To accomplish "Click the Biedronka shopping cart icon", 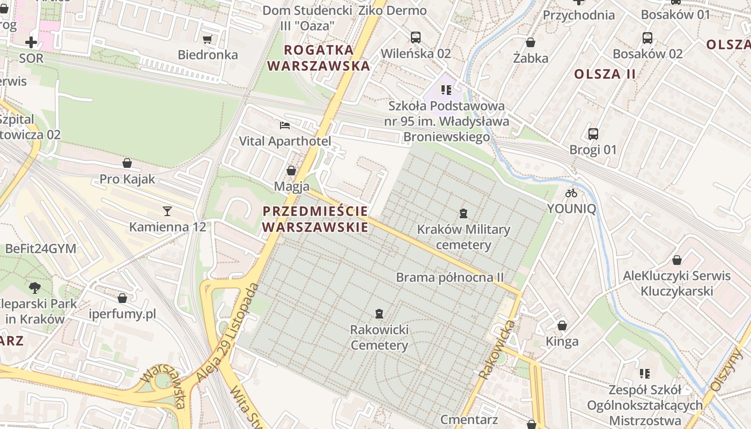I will point(207,39).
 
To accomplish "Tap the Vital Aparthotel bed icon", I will point(285,125).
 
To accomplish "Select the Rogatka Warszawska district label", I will point(319,58).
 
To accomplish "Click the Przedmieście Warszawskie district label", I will point(315,219).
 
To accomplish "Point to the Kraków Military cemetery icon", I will point(463,213).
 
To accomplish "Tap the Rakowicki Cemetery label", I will point(379,337).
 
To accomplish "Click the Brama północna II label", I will point(450,277).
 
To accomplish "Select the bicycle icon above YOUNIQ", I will point(571,193).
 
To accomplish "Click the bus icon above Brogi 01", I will point(593,134).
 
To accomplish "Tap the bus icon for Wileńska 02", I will point(415,38).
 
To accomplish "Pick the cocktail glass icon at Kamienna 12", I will point(167,211).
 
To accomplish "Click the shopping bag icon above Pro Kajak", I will point(127,163).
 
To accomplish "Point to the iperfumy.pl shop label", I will point(122,314).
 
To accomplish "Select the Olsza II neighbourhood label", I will point(605,74).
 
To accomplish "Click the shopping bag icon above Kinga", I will point(562,326).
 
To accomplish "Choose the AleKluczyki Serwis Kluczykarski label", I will point(676,284).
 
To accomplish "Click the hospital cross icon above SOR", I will point(31,42).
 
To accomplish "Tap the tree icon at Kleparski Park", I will point(35,287).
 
